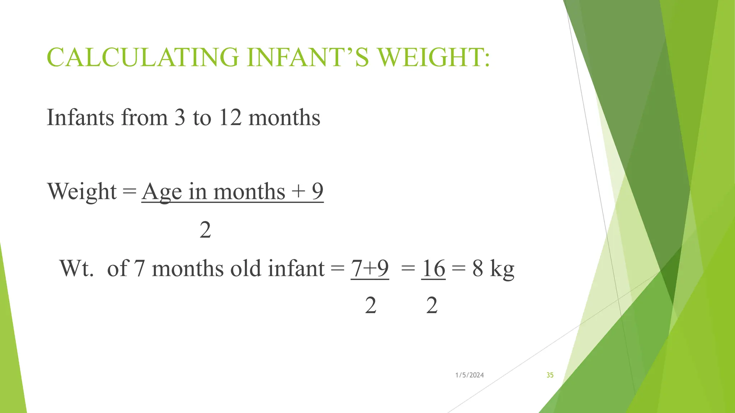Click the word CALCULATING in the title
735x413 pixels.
(143, 57)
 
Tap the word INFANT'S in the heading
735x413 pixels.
(308, 57)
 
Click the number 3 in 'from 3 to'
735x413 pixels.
(179, 118)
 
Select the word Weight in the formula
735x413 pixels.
(82, 191)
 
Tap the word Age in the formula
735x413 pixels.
(162, 192)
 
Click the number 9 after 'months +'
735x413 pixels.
(318, 191)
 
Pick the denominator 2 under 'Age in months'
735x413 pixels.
(205, 230)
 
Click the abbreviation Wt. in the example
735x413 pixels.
(76, 268)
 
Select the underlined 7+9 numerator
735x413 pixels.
(370, 268)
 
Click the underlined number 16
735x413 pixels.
(434, 268)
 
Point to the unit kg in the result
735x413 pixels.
(502, 269)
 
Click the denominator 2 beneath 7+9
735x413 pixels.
(371, 306)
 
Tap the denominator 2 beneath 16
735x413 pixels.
(432, 306)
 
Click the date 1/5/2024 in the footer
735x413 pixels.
(469, 375)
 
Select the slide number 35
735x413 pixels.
(550, 375)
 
